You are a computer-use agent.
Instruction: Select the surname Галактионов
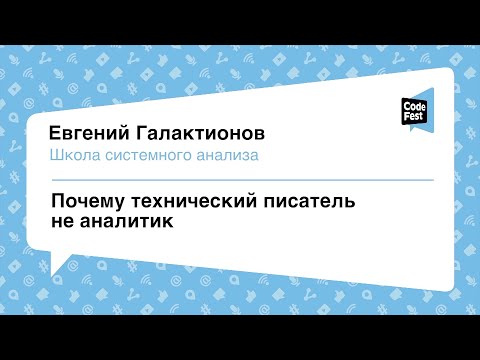[x=205, y=133]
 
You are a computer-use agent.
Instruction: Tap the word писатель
[x=307, y=203]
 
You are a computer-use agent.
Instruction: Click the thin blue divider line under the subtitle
[x=240, y=180]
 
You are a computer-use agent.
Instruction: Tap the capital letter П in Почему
[x=57, y=203]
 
